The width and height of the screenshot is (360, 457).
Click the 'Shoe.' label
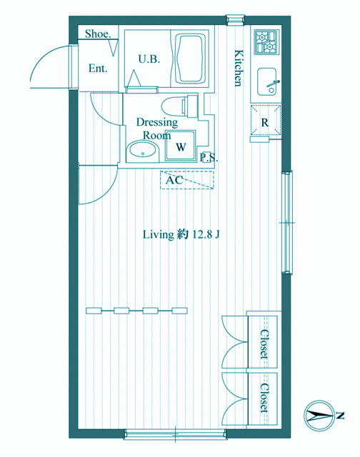click(x=98, y=34)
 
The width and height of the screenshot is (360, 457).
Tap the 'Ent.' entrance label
click(x=98, y=69)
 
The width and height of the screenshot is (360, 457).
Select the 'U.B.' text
click(x=149, y=59)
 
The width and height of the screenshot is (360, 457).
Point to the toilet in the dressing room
click(x=179, y=105)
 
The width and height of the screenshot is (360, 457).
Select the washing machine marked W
click(x=180, y=146)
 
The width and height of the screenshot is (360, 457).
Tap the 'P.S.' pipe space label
click(x=209, y=158)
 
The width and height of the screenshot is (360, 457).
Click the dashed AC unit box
click(x=187, y=180)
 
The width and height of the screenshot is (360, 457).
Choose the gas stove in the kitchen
click(x=266, y=42)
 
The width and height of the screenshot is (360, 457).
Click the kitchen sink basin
click(x=266, y=82)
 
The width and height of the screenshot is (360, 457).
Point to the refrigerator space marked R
click(x=266, y=120)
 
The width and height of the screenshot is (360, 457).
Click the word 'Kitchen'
click(x=239, y=69)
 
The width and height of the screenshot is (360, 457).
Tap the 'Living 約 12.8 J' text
click(x=181, y=234)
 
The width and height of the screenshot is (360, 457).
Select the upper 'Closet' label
click(x=264, y=344)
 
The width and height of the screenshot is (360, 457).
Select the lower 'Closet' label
click(x=264, y=398)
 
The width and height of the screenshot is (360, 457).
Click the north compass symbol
click(x=319, y=416)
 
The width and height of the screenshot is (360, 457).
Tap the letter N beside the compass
click(x=340, y=416)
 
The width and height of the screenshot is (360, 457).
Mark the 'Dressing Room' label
click(x=157, y=129)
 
